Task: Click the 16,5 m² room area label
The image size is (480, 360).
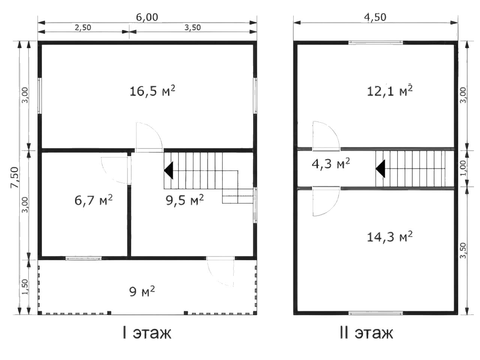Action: [x=152, y=91]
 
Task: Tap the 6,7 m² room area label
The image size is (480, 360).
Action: [x=94, y=200]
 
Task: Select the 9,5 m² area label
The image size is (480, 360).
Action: [x=185, y=200]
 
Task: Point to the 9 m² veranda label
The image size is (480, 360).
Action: [x=142, y=291]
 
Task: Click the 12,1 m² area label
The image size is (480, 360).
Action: [x=390, y=91]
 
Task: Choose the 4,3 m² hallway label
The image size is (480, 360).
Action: [x=331, y=164]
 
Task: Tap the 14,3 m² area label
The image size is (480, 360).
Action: [x=390, y=237]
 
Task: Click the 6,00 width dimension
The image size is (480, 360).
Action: [x=147, y=17]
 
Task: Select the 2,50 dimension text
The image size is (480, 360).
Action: [x=83, y=27]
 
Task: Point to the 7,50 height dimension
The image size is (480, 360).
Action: [x=15, y=177]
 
